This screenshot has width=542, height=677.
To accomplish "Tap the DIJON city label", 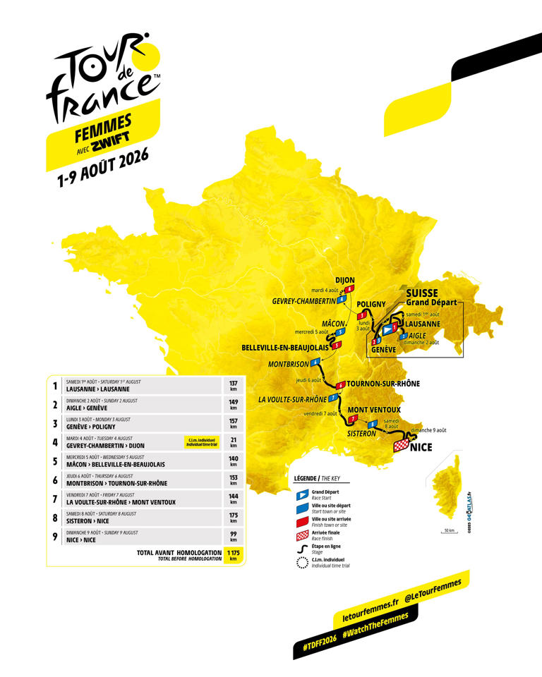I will [x=344, y=280].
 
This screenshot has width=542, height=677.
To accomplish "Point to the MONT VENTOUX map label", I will [x=374, y=410].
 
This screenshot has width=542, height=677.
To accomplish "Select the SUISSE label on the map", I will [x=421, y=293].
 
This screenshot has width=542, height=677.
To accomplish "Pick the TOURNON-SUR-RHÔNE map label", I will [x=383, y=384].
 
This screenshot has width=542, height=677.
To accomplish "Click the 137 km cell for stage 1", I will [x=233, y=385].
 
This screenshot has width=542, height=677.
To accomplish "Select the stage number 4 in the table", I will [x=55, y=442].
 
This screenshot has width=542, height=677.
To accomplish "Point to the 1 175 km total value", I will [x=233, y=554].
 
